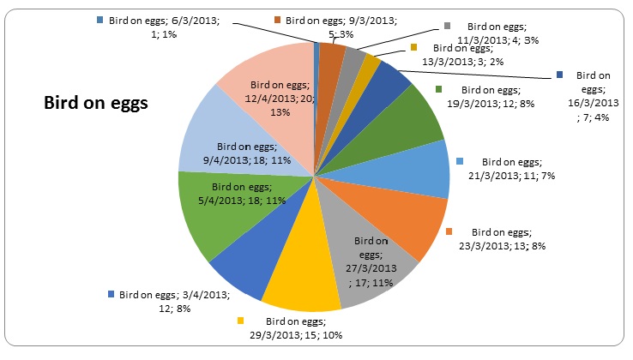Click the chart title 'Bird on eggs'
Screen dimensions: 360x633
(96, 103)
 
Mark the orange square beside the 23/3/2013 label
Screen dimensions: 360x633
(452, 231)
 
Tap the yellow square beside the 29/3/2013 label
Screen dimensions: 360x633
(239, 321)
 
